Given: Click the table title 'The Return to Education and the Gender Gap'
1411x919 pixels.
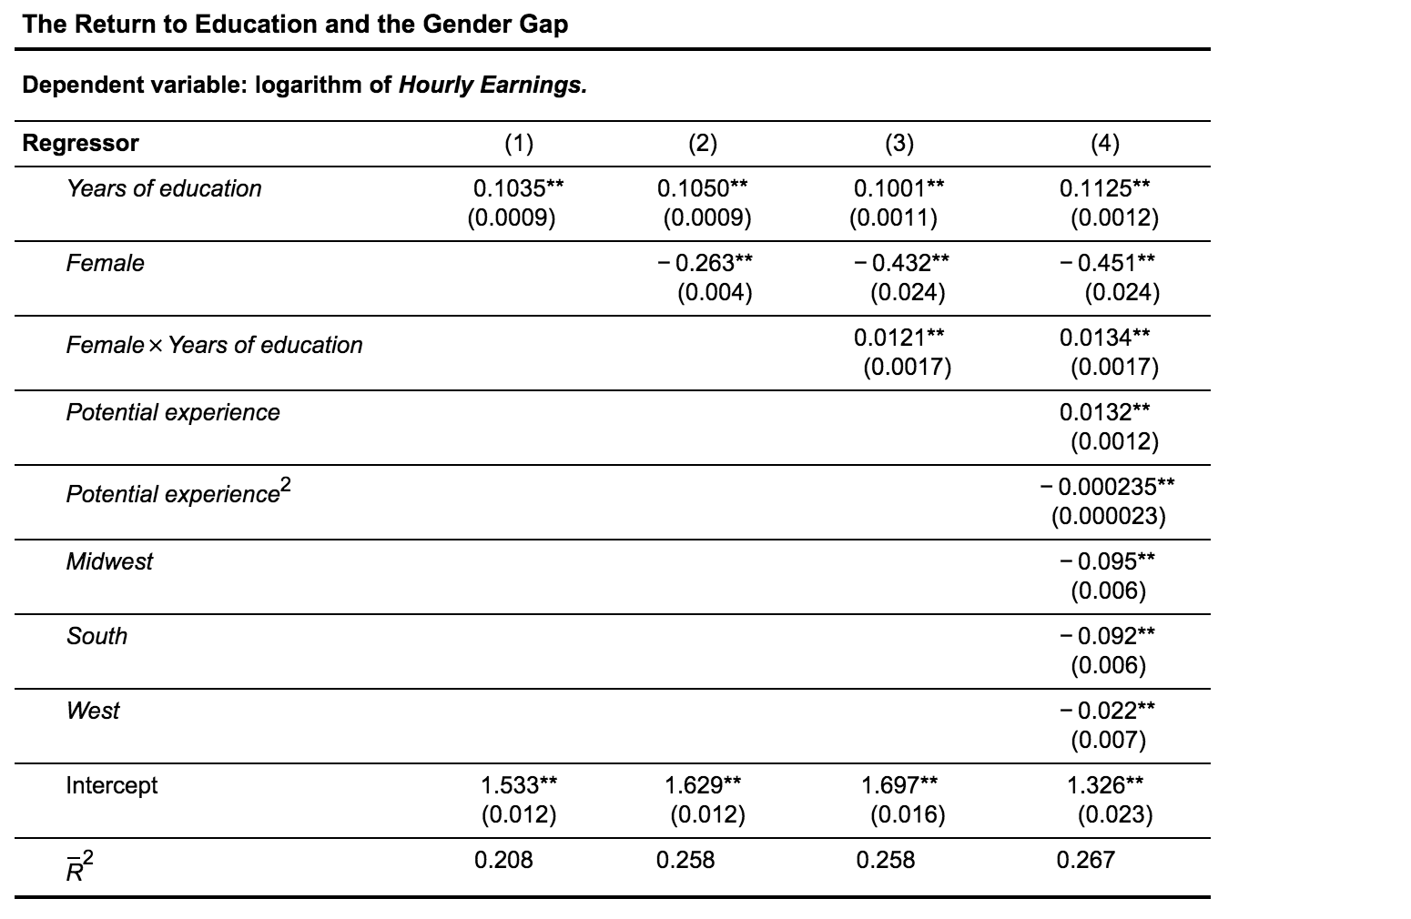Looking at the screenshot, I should (x=295, y=25).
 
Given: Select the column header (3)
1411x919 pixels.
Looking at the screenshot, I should (x=898, y=143).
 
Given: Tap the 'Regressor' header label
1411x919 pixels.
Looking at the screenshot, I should (x=80, y=143).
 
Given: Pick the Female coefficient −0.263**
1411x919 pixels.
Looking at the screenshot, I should (x=705, y=263).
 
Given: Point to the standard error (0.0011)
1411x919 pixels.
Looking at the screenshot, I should (x=893, y=217).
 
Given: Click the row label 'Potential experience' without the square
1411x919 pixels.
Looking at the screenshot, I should (x=173, y=412).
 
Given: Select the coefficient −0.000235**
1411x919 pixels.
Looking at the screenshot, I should (x=1107, y=487).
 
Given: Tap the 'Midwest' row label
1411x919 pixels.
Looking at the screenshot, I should (x=109, y=561).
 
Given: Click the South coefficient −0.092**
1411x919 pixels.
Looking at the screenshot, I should (x=1107, y=636).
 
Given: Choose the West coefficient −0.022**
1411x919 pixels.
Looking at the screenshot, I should (x=1107, y=711).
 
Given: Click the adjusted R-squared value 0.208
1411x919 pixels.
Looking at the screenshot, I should (x=503, y=860).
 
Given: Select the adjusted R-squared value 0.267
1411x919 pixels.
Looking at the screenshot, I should (x=1085, y=860).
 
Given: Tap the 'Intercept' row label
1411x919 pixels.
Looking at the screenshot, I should (x=111, y=785).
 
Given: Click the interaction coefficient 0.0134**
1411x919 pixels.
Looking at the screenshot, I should (x=1104, y=338).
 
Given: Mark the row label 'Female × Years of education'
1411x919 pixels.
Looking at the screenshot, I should (x=214, y=345).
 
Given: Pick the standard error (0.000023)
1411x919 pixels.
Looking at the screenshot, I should (x=1108, y=516).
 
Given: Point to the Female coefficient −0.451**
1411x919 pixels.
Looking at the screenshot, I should (x=1107, y=263).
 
